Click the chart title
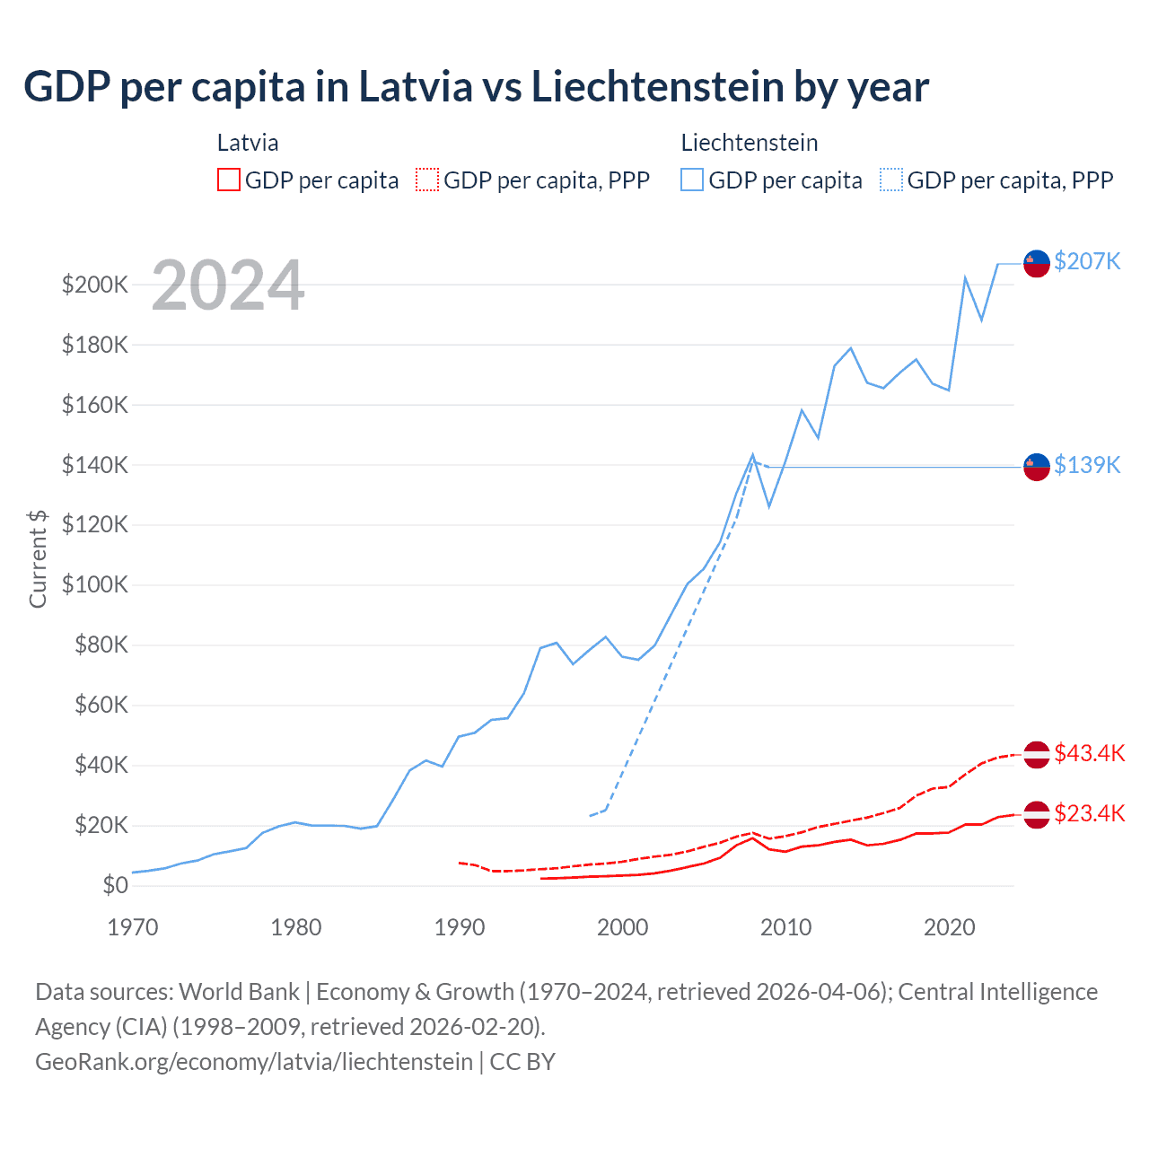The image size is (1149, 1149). (x=476, y=87)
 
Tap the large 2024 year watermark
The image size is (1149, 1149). (x=228, y=286)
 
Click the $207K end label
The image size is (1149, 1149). (x=1087, y=261)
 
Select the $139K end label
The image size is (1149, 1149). (x=1087, y=465)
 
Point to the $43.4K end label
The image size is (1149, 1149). (x=1089, y=753)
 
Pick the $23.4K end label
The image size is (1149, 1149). (x=1089, y=813)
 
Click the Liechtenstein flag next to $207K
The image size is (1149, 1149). (x=1037, y=263)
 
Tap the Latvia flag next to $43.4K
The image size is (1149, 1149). (x=1037, y=754)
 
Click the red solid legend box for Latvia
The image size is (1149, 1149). (x=229, y=180)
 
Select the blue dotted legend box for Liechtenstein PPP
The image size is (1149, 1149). (x=891, y=180)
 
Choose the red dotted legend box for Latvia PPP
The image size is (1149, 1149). (x=427, y=180)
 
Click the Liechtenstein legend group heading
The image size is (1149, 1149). (x=750, y=143)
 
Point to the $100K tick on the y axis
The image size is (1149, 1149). (x=95, y=585)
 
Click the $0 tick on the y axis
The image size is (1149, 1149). (x=115, y=885)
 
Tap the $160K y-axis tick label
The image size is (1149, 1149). (x=95, y=405)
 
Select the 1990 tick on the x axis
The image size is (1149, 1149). (x=460, y=927)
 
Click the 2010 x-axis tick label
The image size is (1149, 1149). (x=786, y=927)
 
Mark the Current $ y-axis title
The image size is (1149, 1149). (x=38, y=558)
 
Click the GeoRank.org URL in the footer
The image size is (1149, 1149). (x=254, y=1062)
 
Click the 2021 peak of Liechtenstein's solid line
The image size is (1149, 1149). (x=965, y=277)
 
